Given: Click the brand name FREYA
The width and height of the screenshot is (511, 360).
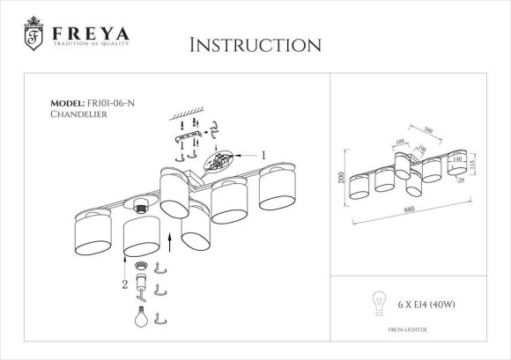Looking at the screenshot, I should pos(90,33).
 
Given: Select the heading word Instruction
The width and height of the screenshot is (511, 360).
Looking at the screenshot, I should pos(255,45).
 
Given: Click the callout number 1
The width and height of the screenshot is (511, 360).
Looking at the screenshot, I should pos(263,154).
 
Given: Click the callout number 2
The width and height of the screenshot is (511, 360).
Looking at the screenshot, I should pos(124,284).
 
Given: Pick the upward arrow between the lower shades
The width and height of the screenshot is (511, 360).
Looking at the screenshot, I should pos(169,239).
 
